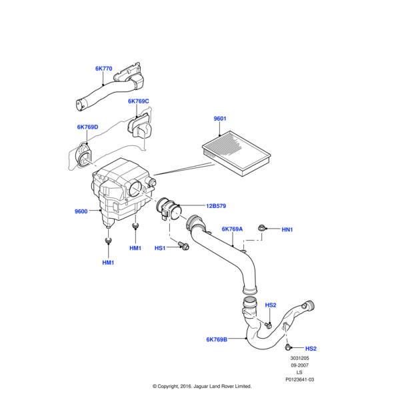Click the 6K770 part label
[x=103, y=68]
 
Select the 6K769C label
[x=139, y=102]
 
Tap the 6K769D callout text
[x=87, y=127]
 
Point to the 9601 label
[x=220, y=119]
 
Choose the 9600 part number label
[x=81, y=212]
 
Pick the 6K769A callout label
[x=232, y=229]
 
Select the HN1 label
[x=287, y=230]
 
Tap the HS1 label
[x=160, y=248]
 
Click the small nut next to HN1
[x=264, y=229]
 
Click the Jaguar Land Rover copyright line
[x=201, y=386]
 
